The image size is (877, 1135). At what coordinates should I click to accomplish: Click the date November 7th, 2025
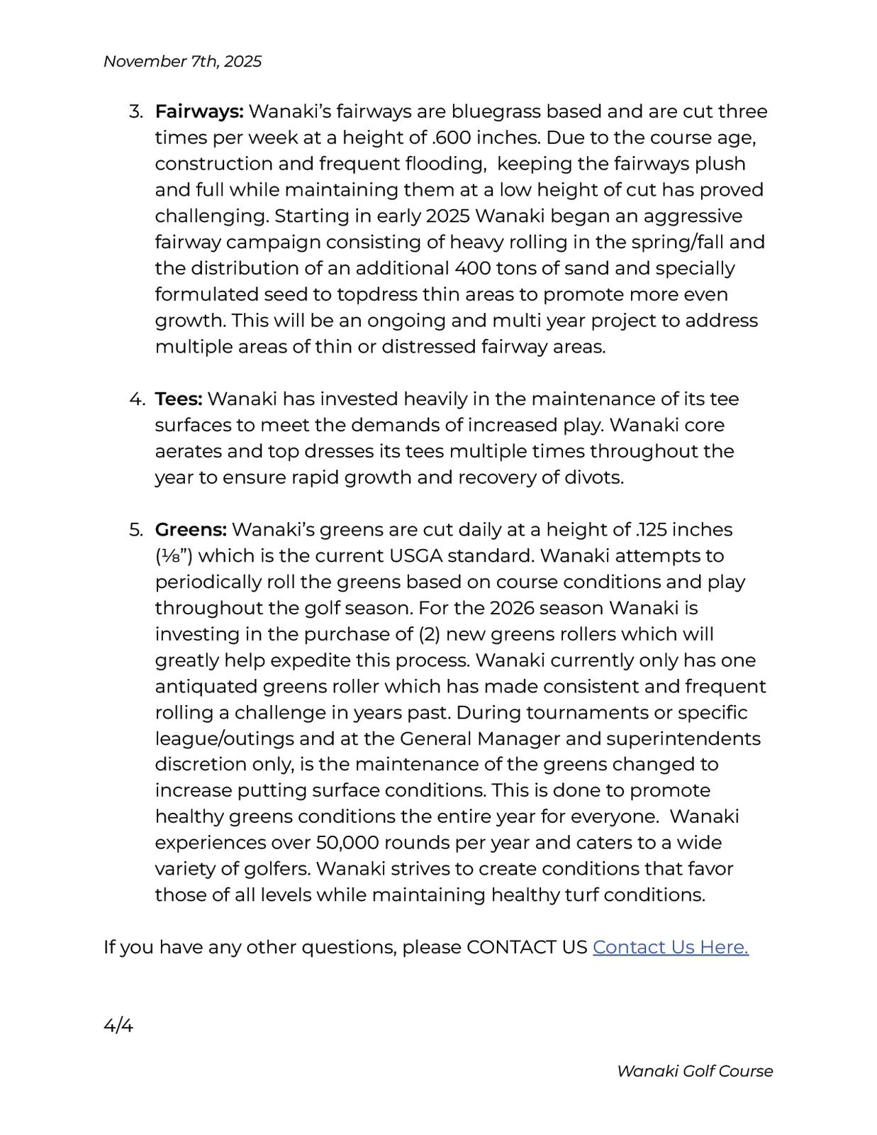coord(182,62)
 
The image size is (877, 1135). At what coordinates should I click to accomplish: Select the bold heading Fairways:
coord(199,111)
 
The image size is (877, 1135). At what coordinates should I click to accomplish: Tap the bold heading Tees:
coord(179,399)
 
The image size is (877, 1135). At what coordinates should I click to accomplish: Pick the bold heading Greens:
coord(191,530)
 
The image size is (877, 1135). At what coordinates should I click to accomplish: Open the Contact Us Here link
coord(670,947)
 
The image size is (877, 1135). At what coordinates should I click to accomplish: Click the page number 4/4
coord(118,1026)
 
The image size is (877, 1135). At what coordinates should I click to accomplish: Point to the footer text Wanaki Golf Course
coord(694,1071)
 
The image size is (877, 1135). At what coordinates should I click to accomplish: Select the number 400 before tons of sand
coord(476,268)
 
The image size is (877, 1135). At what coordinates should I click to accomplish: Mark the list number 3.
coord(135,111)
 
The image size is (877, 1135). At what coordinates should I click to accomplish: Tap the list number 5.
coord(135,530)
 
